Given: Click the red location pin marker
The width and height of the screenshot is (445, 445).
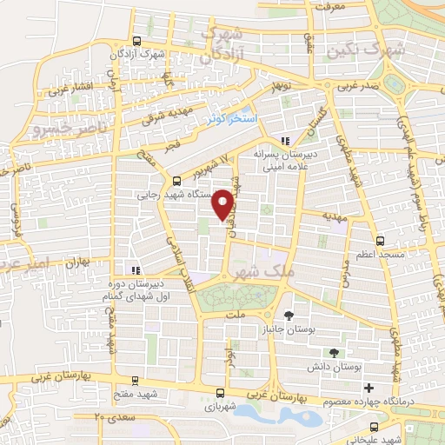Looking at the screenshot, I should coord(223,203).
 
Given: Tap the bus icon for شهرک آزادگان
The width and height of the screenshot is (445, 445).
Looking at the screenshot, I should coord(136,41).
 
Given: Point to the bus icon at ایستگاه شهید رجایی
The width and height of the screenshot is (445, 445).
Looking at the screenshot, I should coord(177,181).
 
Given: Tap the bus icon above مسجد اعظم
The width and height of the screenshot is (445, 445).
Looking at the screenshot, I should coord(379,241).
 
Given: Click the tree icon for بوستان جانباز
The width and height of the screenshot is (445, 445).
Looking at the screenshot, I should coord(289,315).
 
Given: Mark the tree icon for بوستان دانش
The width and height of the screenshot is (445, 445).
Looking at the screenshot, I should coord(334,353).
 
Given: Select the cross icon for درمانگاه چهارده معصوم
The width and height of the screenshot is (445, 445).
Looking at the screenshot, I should coord(369,387).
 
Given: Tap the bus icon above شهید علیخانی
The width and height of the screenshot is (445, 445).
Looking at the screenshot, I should coord(375,427).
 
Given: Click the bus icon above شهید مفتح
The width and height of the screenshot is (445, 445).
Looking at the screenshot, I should coord(134,381).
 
